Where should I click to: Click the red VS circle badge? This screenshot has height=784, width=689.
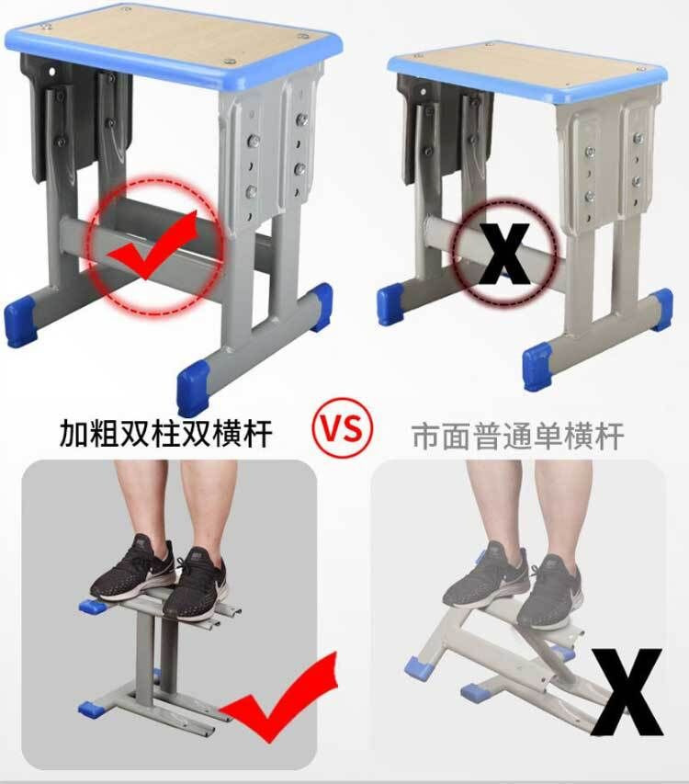[343, 428]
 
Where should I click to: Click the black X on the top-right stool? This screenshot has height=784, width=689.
[503, 254]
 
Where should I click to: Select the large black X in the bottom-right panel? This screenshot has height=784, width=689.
[627, 692]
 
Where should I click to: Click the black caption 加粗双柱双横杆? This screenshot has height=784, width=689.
[166, 433]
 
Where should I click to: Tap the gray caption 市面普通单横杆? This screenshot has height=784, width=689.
[517, 436]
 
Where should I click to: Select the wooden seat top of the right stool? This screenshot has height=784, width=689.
[527, 70]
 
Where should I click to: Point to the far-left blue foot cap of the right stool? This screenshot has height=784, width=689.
[390, 303]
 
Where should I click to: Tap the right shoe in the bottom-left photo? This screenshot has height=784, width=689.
[196, 583]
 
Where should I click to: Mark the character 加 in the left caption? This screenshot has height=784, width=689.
[73, 433]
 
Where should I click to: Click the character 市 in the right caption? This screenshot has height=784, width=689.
[426, 436]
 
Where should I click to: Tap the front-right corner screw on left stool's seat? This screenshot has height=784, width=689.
[230, 62]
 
